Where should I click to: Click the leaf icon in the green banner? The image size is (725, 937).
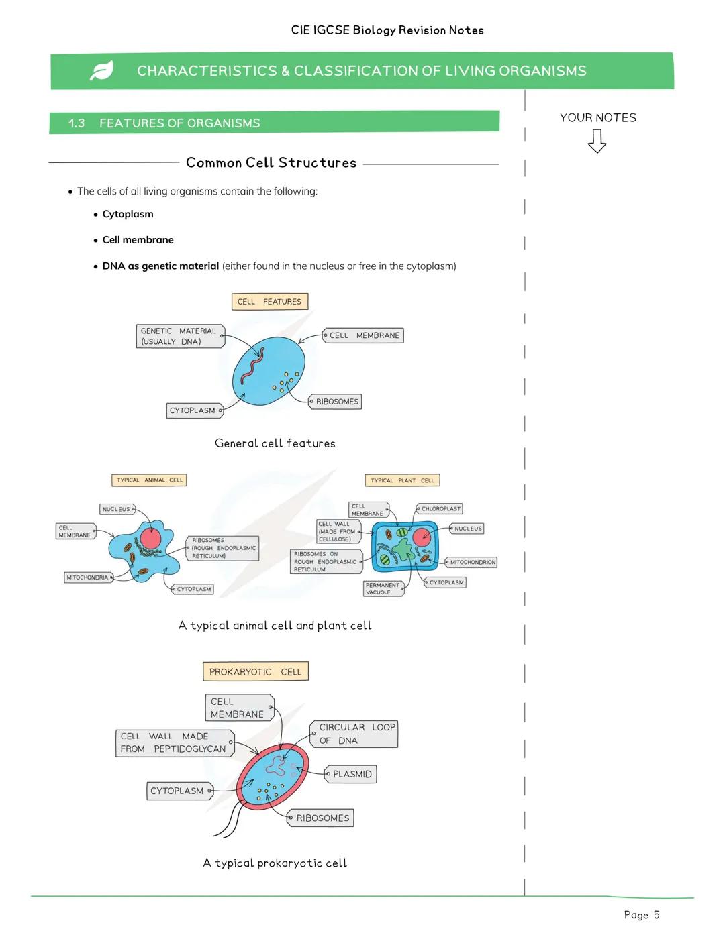coord(101,70)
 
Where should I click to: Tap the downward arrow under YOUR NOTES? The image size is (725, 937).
coord(597,141)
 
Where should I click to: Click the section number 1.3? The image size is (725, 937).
coord(77,123)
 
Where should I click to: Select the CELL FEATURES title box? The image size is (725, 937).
coord(269,302)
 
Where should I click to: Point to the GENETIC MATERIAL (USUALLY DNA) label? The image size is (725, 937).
coord(179,336)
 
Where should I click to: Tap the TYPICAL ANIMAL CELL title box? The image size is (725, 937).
coord(149,480)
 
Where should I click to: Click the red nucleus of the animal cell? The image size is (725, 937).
coord(150,539)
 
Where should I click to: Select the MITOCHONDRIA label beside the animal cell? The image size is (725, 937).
coord(87,577)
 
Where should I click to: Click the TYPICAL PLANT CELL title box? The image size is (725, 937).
coord(402,480)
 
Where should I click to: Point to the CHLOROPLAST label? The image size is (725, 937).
coord(440,509)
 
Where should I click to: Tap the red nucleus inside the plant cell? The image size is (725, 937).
coord(422,537)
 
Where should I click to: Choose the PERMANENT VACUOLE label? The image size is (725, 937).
coord(383,589)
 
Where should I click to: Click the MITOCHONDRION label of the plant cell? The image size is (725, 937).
coord(472,563)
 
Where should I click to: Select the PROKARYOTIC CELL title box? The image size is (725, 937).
coord(255,672)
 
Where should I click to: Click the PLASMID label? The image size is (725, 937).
coord(351,774)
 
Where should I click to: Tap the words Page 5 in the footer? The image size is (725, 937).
coord(641,915)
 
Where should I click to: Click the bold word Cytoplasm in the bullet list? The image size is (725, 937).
coord(128,214)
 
